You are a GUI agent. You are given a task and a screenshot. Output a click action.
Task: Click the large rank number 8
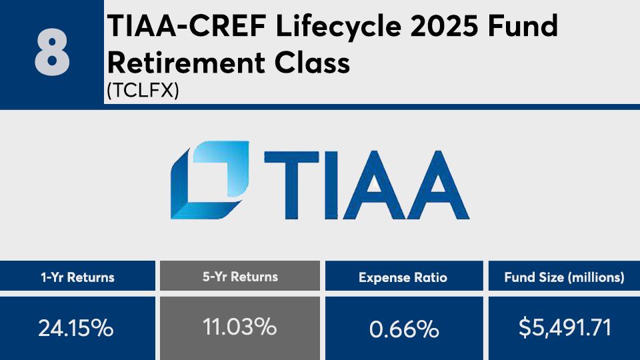[52, 53]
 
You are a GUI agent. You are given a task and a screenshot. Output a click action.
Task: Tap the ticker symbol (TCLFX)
[143, 90]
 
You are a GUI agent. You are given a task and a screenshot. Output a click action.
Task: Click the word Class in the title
[312, 63]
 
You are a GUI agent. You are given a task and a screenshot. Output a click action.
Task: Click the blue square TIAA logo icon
[210, 180]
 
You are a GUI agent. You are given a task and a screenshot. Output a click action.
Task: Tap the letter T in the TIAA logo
[291, 185]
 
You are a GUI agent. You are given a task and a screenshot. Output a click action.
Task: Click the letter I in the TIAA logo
[332, 185]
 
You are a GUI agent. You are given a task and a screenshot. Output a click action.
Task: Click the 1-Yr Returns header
[77, 277]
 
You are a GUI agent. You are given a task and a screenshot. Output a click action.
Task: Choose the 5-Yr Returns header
[240, 277]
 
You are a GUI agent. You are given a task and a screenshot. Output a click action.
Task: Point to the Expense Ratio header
[403, 277]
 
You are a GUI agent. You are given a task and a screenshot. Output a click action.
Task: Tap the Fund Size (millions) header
[564, 277]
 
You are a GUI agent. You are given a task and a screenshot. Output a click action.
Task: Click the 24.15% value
[76, 328]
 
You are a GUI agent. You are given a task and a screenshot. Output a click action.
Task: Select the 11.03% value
[240, 327]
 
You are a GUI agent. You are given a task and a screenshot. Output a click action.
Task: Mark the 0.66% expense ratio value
[404, 329]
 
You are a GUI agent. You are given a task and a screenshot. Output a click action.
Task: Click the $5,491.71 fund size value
[565, 328]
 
